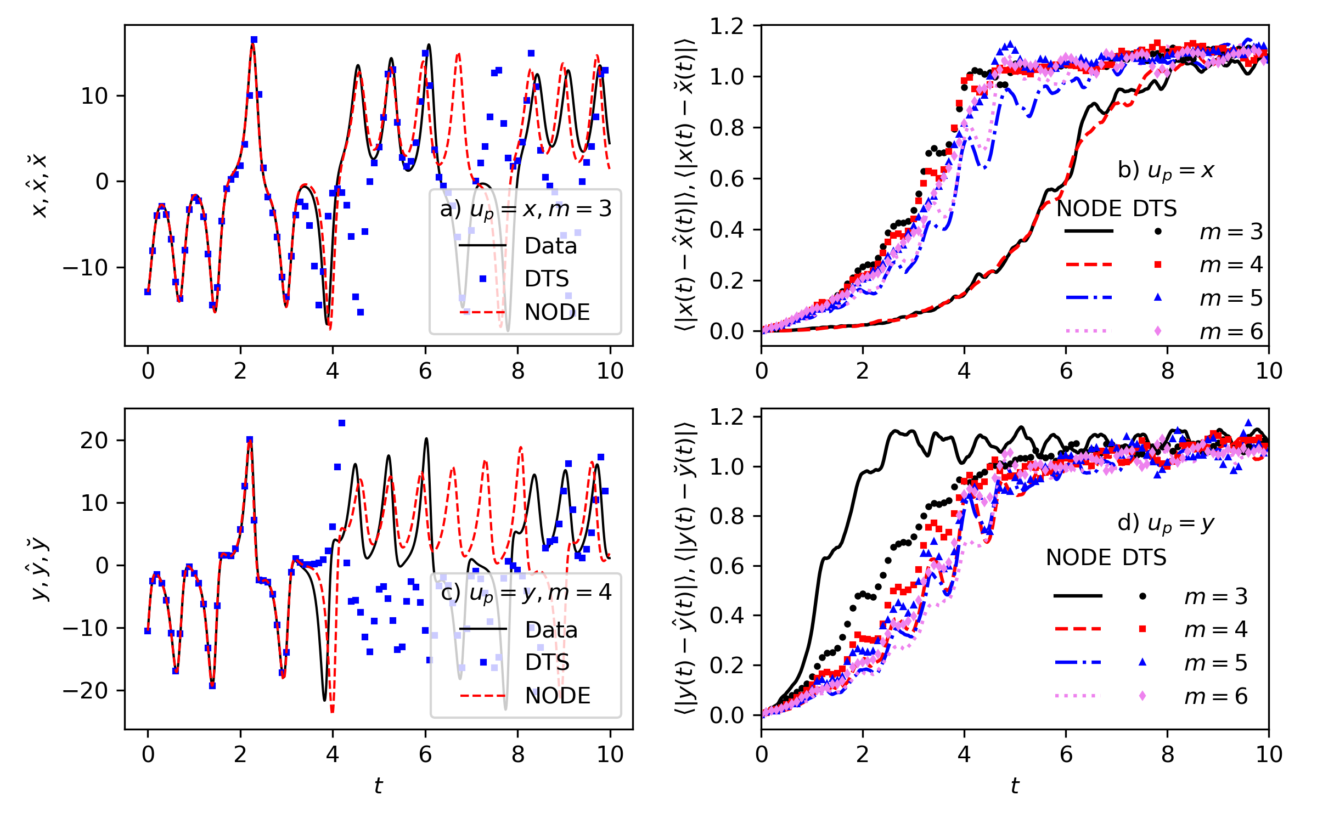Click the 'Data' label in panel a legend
(x=550, y=246)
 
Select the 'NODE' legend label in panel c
(x=558, y=696)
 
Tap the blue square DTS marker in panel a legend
(x=483, y=279)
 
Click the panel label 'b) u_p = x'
(x=1166, y=171)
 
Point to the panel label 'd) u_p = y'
(x=1166, y=523)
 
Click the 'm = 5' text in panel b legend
(x=1231, y=298)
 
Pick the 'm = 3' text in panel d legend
(x=1215, y=596)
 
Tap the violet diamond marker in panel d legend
(x=1142, y=696)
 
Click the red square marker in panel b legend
(x=1158, y=264)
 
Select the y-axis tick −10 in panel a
(x=86, y=268)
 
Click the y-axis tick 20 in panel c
(x=94, y=441)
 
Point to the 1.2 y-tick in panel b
(x=727, y=26)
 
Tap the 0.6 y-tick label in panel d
(x=727, y=566)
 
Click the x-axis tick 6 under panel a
(x=425, y=371)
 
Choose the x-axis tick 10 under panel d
(x=1269, y=755)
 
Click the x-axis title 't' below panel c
(x=378, y=786)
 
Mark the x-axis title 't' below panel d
(x=1015, y=786)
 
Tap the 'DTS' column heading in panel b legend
(x=1155, y=209)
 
